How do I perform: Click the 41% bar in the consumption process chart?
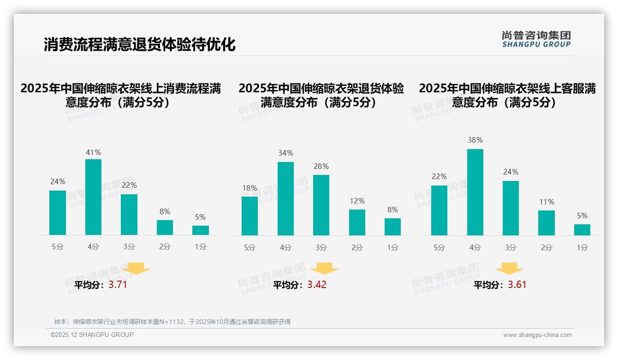tap(94, 197)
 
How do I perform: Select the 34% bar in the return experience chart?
tap(285, 198)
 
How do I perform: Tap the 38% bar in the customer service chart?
tap(475, 192)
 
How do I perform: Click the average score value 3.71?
tap(118, 285)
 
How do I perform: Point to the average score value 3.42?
tap(317, 285)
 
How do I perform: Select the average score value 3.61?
tap(517, 285)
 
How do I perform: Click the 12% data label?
tap(357, 201)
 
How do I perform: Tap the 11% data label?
tap(547, 202)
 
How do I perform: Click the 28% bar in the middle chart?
tap(321, 205)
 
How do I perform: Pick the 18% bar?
tap(250, 216)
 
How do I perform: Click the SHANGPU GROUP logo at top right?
tap(536, 39)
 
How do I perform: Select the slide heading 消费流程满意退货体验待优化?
tap(140, 45)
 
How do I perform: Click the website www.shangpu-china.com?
tap(537, 335)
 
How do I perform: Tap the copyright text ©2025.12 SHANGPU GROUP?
tap(92, 335)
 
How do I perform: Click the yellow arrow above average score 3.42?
tap(324, 269)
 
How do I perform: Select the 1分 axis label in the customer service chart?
tap(582, 248)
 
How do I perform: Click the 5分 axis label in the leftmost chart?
tap(58, 247)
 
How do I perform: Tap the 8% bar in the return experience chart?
tap(392, 227)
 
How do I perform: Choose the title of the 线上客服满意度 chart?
tap(507, 95)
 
